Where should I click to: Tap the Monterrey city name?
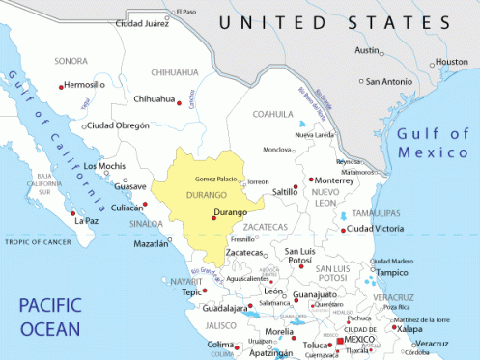pos(336,180)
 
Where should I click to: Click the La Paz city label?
pos(87,220)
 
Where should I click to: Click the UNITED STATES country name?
pos(334,22)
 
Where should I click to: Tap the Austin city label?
pos(368,50)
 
